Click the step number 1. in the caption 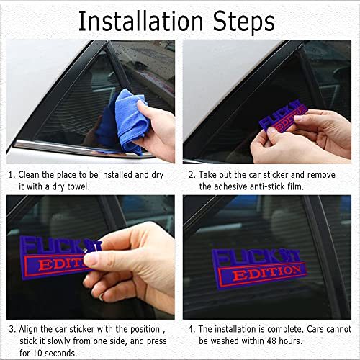point(12,174)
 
